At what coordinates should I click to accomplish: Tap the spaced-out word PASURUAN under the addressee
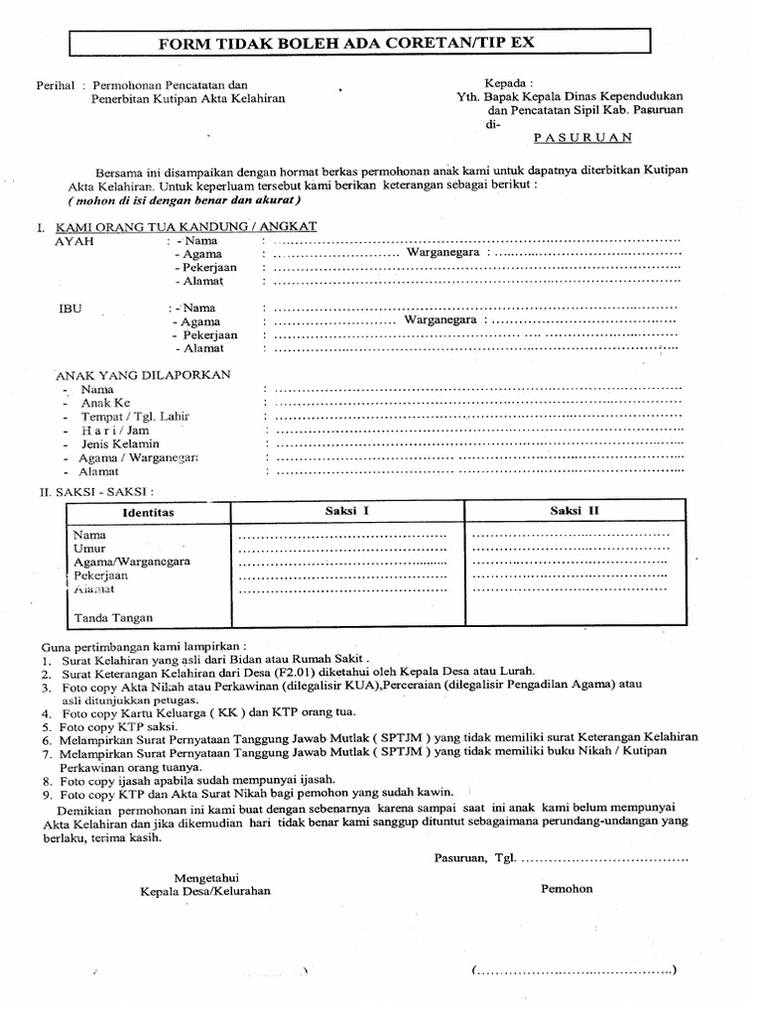tap(581, 139)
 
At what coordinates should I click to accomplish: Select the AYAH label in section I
tap(74, 241)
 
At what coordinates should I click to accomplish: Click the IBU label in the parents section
tap(70, 309)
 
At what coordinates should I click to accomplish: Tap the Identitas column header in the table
tap(148, 512)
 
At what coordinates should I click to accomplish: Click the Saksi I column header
tap(347, 511)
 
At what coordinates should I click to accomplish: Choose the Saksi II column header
tap(575, 511)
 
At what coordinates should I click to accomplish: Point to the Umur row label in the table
tap(89, 548)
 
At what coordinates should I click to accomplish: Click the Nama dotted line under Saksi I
tap(342, 536)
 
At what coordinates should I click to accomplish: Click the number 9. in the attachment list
tap(47, 793)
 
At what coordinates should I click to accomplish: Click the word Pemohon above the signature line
tap(567, 889)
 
